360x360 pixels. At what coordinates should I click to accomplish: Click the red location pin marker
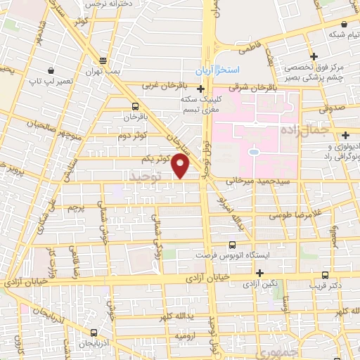181,166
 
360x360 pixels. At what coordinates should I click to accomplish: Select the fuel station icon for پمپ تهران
103,60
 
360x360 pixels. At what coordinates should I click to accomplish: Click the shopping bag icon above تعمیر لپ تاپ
52,70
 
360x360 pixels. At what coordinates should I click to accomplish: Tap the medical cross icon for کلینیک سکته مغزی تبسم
201,89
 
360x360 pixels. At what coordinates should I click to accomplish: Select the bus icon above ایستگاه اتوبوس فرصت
233,245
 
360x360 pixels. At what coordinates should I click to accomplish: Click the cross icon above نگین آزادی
259,273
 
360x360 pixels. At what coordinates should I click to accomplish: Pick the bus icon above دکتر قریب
324,275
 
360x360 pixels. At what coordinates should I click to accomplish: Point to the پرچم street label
75,208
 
